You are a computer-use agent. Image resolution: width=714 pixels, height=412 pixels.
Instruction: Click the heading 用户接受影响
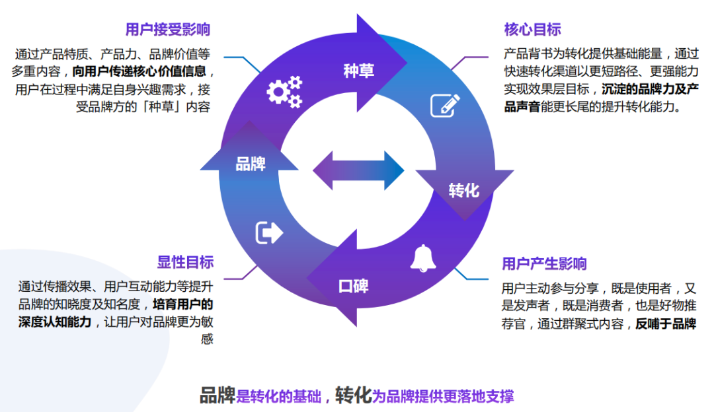pyautogui.click(x=168, y=30)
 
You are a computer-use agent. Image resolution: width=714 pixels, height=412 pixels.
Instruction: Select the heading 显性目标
pyautogui.click(x=186, y=262)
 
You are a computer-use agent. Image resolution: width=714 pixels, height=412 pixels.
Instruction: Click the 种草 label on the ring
pyautogui.click(x=358, y=71)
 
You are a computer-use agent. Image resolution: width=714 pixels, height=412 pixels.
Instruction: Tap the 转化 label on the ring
pyautogui.click(x=463, y=191)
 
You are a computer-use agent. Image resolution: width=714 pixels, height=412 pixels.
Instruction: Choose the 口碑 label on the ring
pyautogui.click(x=354, y=286)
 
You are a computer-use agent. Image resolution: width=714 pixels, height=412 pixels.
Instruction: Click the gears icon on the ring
pyautogui.click(x=284, y=92)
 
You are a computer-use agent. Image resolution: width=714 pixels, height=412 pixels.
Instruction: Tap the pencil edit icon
pyautogui.click(x=445, y=105)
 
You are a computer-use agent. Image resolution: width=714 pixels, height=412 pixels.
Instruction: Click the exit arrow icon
pyautogui.click(x=268, y=232)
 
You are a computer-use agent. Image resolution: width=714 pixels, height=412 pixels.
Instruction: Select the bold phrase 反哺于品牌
pyautogui.click(x=666, y=324)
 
